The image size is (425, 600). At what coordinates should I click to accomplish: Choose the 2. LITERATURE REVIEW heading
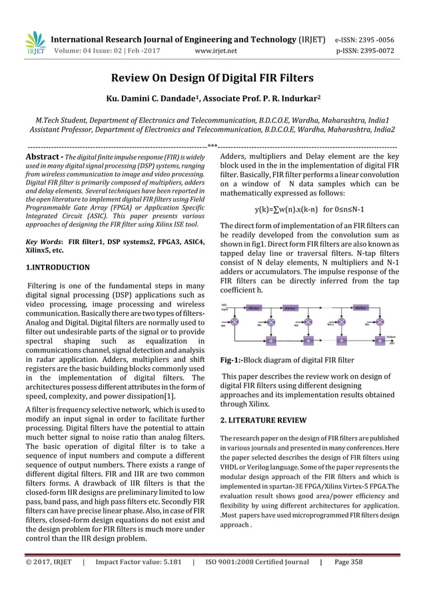263,420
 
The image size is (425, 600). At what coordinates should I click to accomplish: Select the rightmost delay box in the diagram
360,308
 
